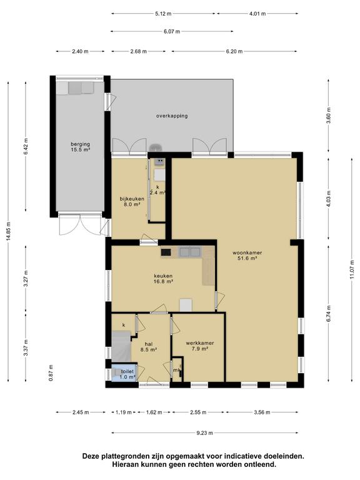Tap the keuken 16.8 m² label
163,279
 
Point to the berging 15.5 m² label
80,147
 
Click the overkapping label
172,116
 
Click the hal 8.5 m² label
149,346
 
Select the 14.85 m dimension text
8,231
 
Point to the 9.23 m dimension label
205,433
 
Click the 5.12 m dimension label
163,14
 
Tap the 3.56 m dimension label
262,412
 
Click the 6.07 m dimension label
172,31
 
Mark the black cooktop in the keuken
166,252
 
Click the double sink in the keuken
190,252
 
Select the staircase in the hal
121,346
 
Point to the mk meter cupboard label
176,371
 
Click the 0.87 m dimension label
51,372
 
